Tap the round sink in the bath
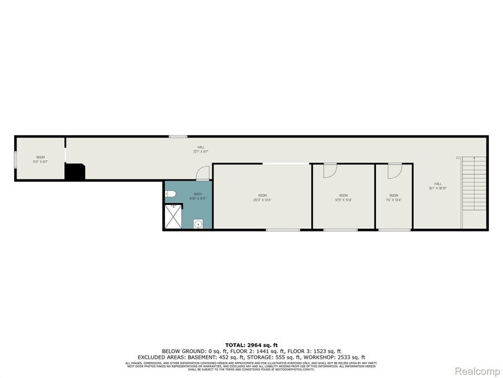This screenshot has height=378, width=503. pyautogui.click(x=199, y=224)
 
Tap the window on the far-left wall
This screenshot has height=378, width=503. pyautogui.click(x=15, y=158)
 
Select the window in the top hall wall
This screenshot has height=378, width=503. pyautogui.click(x=178, y=136)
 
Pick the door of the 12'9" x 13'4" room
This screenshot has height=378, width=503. pyautogui.click(x=330, y=170)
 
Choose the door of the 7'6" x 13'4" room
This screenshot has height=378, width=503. pyautogui.click(x=394, y=170)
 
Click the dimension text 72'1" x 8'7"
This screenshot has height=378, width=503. pyautogui.click(x=201, y=152)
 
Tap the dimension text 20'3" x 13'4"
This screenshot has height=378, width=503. pyautogui.click(x=262, y=199)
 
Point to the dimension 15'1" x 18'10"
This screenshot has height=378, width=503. pyautogui.click(x=438, y=188)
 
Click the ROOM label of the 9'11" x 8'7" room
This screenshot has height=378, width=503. pyautogui.click(x=40, y=157)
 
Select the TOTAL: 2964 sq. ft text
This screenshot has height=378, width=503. pyautogui.click(x=251, y=346)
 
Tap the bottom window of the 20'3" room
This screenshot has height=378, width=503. pyautogui.click(x=283, y=229)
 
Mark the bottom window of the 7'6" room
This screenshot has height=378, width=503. pyautogui.click(x=394, y=229)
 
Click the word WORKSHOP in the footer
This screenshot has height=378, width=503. pyautogui.click(x=321, y=357)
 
